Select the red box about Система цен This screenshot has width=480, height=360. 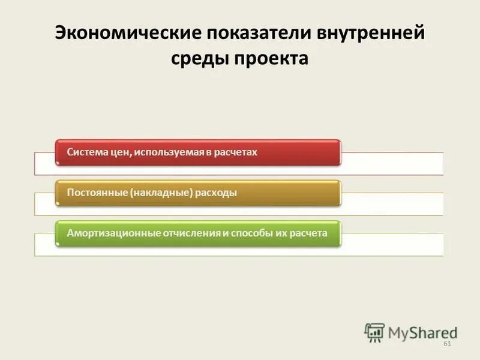coord(198,152)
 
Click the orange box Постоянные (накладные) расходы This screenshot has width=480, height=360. coord(198,193)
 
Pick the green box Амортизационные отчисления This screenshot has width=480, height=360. coord(198,233)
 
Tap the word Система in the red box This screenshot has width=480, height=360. coord(86,152)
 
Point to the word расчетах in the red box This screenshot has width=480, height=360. coord(236,152)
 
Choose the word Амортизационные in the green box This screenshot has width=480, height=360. coord(113,233)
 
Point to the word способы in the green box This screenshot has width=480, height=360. coord(246,233)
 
